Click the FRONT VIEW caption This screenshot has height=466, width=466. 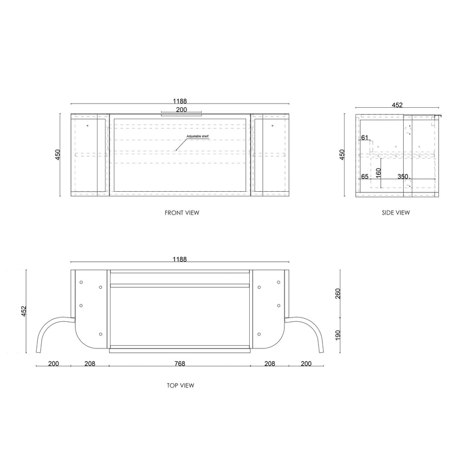pyautogui.click(x=182, y=213)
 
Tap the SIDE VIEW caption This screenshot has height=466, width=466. pyautogui.click(x=396, y=213)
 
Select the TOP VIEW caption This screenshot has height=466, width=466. pyautogui.click(x=180, y=386)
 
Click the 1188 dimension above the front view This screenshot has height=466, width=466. pyautogui.click(x=180, y=101)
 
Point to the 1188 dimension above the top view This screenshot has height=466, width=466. pyautogui.click(x=180, y=260)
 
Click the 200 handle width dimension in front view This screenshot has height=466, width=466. pyautogui.click(x=181, y=110)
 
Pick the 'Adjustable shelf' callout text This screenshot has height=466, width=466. pyautogui.click(x=198, y=137)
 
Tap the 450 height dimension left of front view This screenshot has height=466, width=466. pyautogui.click(x=58, y=154)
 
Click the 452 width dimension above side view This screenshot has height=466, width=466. pyautogui.click(x=397, y=106)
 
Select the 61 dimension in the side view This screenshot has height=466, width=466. pyautogui.click(x=364, y=138)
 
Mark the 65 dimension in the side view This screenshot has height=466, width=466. pyautogui.click(x=364, y=177)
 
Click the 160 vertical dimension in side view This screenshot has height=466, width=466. pyautogui.click(x=378, y=173)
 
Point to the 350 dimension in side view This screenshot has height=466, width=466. pyautogui.click(x=403, y=177)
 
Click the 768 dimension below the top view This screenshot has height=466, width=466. pyautogui.click(x=180, y=364)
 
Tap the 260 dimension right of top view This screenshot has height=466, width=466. pyautogui.click(x=338, y=294)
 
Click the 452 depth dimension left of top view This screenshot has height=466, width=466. pyautogui.click(x=23, y=312)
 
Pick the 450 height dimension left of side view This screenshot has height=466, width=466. pyautogui.click(x=342, y=154)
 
